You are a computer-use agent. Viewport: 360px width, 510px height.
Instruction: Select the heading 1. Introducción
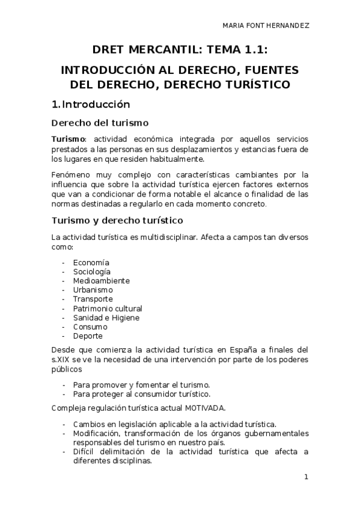[x=91, y=103]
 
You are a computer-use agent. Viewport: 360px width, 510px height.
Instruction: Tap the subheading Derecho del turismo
[x=100, y=123]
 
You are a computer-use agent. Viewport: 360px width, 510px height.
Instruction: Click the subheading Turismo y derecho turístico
[x=117, y=221]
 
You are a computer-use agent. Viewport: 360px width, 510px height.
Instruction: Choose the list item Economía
[x=91, y=262]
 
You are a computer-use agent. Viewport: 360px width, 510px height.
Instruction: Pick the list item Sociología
[x=92, y=271]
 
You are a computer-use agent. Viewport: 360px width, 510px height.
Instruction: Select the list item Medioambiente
[x=102, y=280]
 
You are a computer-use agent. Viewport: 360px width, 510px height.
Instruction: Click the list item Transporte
[x=93, y=299]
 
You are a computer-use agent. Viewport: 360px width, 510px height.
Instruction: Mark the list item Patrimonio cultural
[x=108, y=309]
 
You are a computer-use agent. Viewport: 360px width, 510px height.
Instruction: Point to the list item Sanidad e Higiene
[x=106, y=318]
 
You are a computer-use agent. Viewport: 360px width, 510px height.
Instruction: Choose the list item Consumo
[x=90, y=327]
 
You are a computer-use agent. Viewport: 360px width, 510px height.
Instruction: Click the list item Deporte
[x=88, y=336]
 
